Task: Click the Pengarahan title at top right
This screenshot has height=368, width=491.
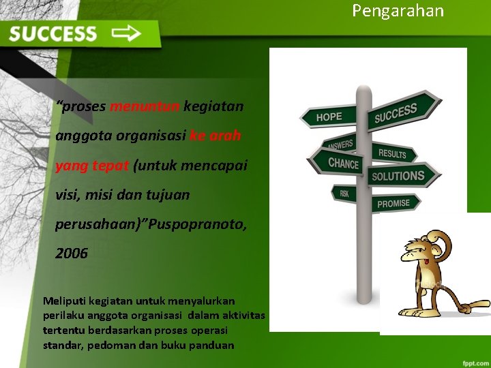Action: click(x=398, y=11)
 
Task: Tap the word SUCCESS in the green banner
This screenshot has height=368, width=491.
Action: click(x=53, y=34)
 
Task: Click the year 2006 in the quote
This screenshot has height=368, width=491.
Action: click(x=72, y=254)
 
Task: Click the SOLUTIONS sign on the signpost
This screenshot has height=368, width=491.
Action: click(x=398, y=176)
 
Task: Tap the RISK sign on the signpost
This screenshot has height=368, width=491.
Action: click(x=344, y=194)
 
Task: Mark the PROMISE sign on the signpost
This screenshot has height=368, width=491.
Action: click(x=394, y=203)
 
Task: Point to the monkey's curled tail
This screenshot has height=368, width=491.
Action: click(x=464, y=300)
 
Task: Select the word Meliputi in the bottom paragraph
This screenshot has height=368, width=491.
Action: click(x=63, y=301)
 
